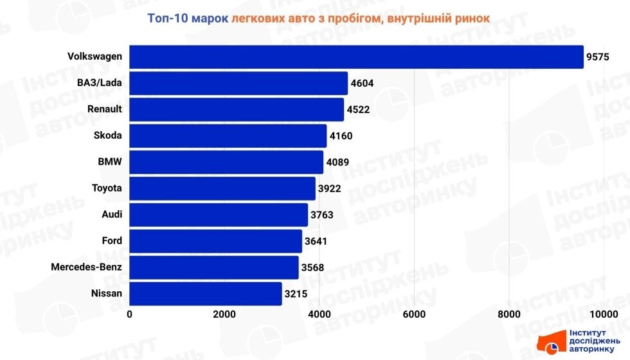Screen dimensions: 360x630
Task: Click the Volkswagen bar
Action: click(x=356, y=57)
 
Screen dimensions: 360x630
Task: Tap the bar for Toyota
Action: click(x=222, y=189)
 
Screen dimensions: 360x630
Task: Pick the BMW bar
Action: click(x=226, y=162)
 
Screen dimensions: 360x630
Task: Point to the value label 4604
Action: click(x=362, y=83)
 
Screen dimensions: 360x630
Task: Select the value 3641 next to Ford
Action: click(x=316, y=242)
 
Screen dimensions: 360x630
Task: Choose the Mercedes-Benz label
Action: click(x=87, y=267)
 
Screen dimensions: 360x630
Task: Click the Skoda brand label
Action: click(x=107, y=136)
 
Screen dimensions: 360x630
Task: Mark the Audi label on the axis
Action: click(x=112, y=215)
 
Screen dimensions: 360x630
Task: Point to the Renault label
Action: click(x=105, y=109)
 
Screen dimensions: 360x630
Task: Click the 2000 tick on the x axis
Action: click(x=224, y=314)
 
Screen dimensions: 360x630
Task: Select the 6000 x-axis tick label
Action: click(x=414, y=314)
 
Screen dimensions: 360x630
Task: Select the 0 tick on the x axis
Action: click(x=130, y=314)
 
